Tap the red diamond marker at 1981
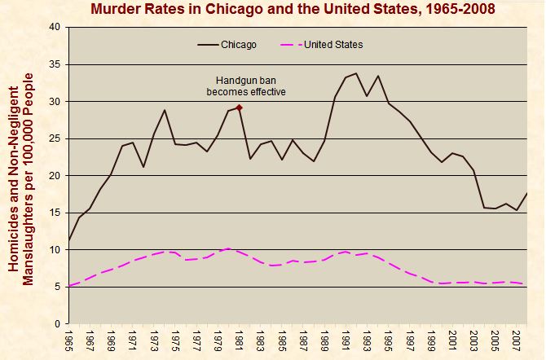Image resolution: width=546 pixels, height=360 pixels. (x=239, y=108)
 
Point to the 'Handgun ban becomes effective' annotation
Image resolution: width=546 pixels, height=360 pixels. (x=250, y=86)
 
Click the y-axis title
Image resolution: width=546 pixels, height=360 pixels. (x=29, y=176)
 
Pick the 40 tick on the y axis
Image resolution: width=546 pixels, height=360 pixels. (x=55, y=27)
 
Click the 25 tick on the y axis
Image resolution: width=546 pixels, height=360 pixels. (x=55, y=138)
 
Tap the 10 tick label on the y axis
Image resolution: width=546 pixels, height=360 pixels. (x=55, y=250)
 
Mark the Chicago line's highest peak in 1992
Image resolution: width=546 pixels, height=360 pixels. (x=355, y=73)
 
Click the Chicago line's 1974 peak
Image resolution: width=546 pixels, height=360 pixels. (x=165, y=110)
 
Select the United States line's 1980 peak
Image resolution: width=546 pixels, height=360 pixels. (x=228, y=248)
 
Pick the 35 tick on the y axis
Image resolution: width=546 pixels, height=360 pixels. (x=55, y=64)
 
